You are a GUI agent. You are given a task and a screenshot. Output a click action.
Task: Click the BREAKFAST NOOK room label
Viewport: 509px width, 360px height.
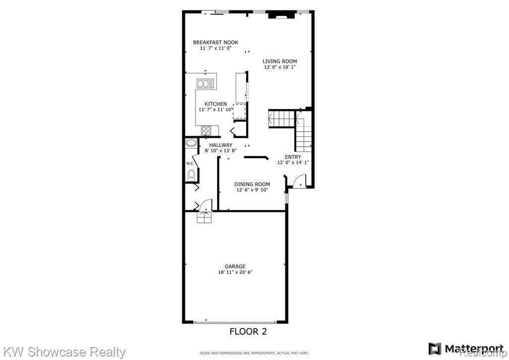216,42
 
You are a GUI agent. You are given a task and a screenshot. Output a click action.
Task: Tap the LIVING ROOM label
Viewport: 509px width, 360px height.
279,61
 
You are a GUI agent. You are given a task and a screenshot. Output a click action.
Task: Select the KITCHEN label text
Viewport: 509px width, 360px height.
216,104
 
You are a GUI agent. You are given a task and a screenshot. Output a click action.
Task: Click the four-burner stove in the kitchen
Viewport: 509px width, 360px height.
206,131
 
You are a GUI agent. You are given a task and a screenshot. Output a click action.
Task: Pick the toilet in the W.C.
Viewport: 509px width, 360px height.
191,176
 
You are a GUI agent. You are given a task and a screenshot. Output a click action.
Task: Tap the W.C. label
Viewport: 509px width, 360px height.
190,163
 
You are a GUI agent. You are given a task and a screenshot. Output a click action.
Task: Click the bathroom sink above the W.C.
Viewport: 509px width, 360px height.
191,143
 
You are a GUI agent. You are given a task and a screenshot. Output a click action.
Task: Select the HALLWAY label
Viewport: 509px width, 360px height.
221,145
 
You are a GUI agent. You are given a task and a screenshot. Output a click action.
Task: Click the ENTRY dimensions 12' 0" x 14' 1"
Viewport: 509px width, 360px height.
293,163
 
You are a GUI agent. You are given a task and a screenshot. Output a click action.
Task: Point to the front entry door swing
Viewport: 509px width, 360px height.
300,181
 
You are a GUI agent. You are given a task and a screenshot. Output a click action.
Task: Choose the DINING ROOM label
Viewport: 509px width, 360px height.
252,184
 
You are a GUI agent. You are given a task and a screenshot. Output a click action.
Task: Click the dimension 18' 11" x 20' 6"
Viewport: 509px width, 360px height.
235,272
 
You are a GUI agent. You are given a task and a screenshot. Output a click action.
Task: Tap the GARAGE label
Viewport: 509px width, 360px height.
235,267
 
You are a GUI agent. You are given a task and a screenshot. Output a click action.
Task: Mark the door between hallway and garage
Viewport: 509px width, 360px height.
205,205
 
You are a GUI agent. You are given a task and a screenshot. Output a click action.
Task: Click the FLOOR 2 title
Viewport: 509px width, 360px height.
249,332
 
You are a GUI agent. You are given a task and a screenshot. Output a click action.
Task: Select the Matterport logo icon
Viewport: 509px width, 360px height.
435,349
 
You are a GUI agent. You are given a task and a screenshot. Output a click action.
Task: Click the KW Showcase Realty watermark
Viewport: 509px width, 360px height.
65,352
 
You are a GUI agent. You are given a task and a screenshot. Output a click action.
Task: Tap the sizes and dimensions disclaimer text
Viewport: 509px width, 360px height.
254,353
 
